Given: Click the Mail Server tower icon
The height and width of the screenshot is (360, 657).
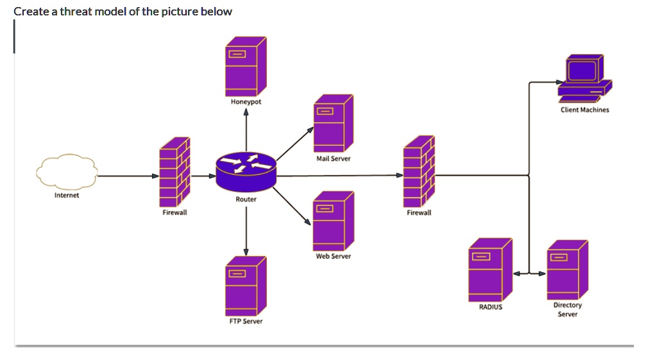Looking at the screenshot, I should pos(333,123).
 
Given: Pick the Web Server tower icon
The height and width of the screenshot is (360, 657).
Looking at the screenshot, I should pos(333,220).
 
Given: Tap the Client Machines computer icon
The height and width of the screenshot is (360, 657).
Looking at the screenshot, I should pos(584,78).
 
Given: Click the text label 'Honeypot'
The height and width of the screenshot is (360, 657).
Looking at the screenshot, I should pos(246,102).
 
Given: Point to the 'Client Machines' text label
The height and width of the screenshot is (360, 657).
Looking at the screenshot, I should pos(584,110).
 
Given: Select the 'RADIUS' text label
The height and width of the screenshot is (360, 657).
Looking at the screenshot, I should pos(491,307).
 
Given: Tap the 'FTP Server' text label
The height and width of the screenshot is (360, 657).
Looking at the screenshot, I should pos(246,321).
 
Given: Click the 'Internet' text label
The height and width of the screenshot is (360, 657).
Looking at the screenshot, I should pos(67,195).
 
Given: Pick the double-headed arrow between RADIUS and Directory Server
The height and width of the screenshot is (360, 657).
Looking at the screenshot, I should pos(529,273).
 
